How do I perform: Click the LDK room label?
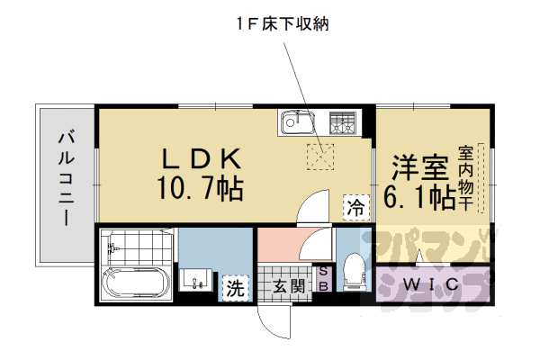[202, 159]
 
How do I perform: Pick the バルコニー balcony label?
[66, 181]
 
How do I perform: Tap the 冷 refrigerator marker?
[355, 207]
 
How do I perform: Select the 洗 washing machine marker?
[235, 288]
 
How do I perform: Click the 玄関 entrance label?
[287, 288]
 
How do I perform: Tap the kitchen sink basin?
[296, 122]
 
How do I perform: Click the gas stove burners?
[342, 122]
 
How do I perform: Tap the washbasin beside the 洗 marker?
[198, 280]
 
